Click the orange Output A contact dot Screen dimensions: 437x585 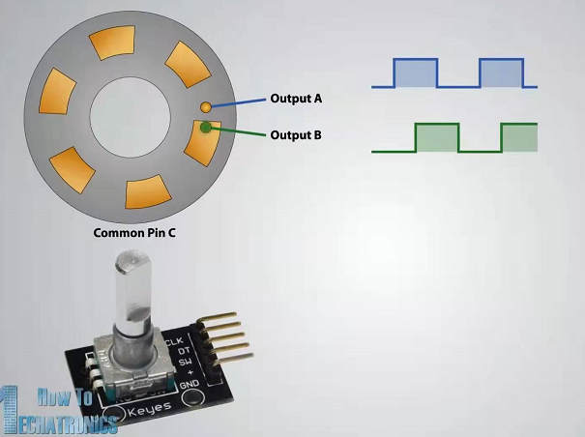206,104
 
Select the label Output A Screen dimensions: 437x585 296,99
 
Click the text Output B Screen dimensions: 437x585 296,134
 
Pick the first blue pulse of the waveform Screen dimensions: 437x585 416,73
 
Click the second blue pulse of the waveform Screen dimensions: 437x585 501,73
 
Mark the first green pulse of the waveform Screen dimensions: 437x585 436,138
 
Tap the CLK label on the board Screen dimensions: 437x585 175,342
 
